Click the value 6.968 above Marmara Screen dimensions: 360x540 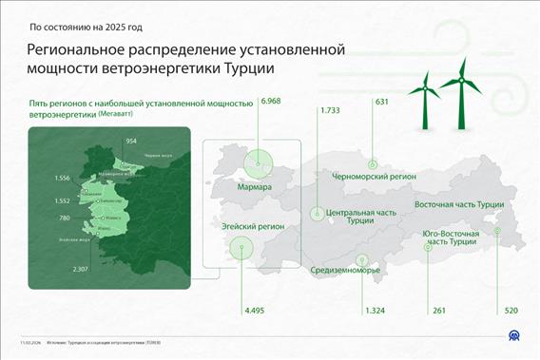(272, 101)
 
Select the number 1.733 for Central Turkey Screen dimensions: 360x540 (330, 111)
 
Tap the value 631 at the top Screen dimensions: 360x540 (382, 102)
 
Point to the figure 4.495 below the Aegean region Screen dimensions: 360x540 (256, 311)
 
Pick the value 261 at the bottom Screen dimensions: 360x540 (438, 311)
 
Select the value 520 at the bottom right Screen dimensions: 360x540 (511, 311)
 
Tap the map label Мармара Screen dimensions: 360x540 (255, 188)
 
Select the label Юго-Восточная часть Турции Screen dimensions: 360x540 (450, 237)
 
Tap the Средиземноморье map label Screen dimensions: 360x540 (345, 270)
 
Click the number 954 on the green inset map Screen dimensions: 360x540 (131, 141)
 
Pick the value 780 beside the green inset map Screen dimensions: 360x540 (65, 218)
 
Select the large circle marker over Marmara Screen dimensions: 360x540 (256, 162)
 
